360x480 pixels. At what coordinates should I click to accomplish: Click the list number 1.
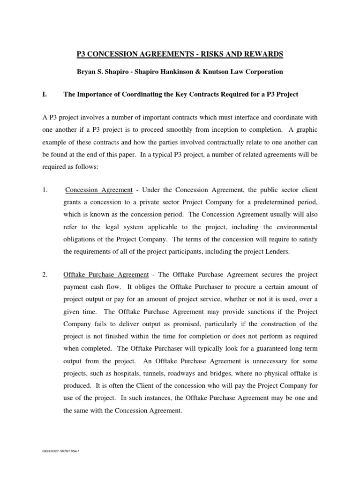[45, 190]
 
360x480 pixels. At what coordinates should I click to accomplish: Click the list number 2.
[45, 274]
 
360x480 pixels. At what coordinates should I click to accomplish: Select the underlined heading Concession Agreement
[99, 190]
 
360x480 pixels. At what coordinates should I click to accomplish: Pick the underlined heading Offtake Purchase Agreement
[106, 274]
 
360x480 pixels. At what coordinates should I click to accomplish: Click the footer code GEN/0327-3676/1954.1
[61, 452]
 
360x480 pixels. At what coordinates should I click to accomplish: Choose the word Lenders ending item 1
[276, 251]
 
